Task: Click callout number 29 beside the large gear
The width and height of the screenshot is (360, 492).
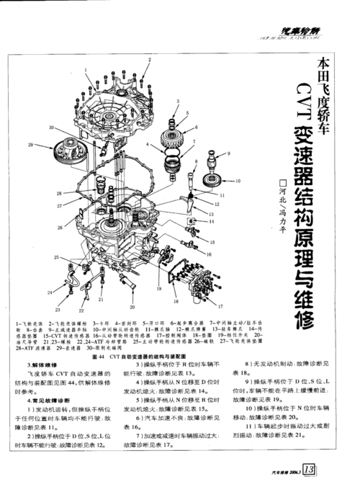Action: coord(31,144)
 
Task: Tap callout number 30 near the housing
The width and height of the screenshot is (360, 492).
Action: coord(52,128)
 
